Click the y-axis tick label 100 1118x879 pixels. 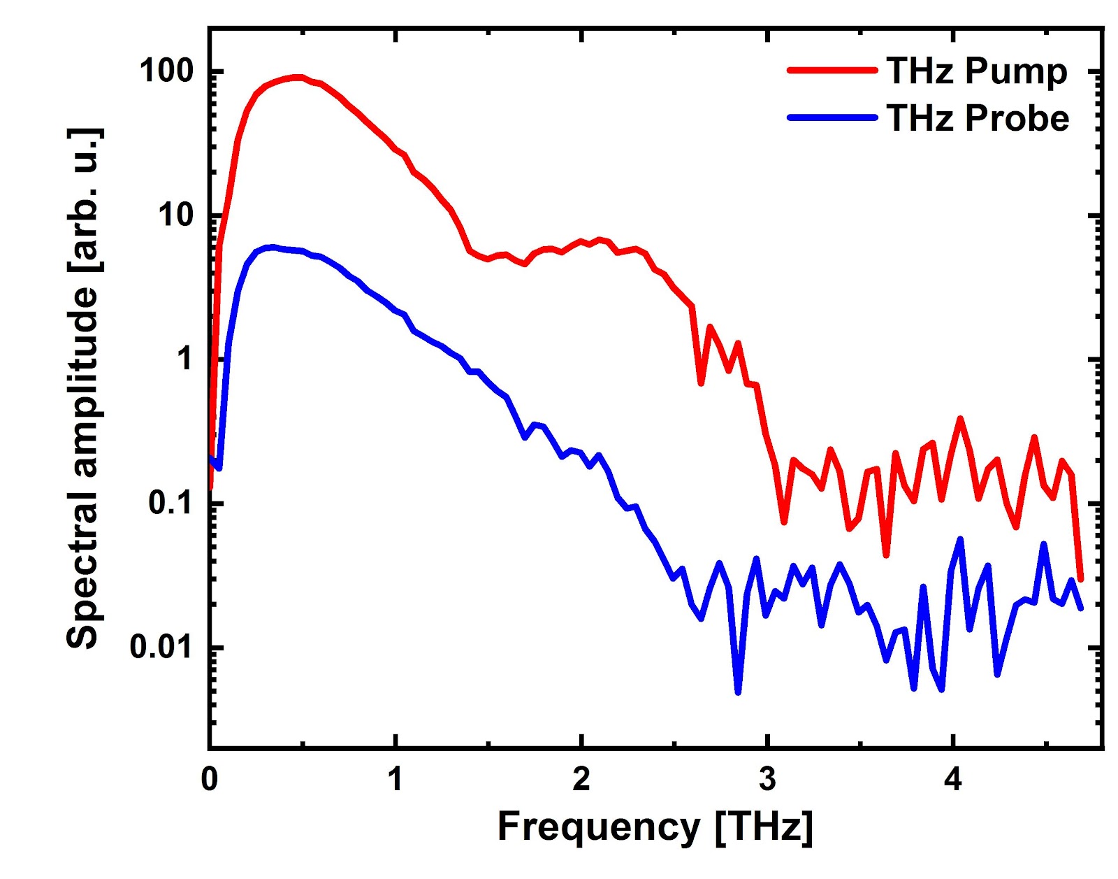(x=166, y=71)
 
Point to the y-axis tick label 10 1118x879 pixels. (x=175, y=215)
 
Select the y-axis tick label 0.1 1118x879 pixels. (x=171, y=503)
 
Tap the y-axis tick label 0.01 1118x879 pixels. (x=161, y=647)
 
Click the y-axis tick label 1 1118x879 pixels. (x=184, y=359)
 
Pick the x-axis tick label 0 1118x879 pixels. (x=210, y=779)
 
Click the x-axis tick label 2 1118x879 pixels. (x=581, y=779)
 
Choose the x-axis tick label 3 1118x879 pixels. (x=767, y=779)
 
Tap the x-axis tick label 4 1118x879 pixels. (x=953, y=779)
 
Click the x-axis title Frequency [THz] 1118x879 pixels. (x=655, y=827)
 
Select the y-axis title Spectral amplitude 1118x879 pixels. (x=84, y=388)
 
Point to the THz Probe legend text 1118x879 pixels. (x=978, y=117)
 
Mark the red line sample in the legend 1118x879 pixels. (x=832, y=70)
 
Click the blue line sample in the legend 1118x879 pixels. (x=832, y=117)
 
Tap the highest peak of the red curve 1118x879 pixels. (x=298, y=77)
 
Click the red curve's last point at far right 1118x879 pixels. (x=1080, y=580)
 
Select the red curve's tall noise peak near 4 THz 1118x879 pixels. (x=960, y=418)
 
